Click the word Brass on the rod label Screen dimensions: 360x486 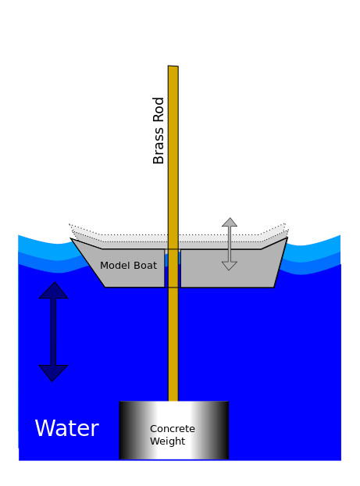tap(159, 145)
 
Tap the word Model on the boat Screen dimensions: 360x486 tap(112, 266)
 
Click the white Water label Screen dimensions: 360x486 tap(67, 428)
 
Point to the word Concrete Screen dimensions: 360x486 tap(173, 429)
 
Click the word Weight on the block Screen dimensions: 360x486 tap(168, 441)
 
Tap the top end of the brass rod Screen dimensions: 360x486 tap(173, 66)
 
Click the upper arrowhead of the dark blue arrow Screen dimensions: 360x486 tap(53, 291)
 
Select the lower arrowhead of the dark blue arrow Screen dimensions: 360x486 tap(53, 373)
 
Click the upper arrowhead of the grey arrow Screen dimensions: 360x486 tap(230, 222)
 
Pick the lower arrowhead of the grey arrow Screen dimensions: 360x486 tap(230, 266)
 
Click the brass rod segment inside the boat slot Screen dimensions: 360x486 tap(173, 268)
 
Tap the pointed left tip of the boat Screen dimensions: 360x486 tap(71, 238)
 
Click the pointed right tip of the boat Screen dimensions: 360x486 tap(287, 238)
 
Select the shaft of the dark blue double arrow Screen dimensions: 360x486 tap(53, 331)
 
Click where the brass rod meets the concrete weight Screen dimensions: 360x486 tap(173, 401)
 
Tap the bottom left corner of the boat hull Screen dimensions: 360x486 tap(105, 287)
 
